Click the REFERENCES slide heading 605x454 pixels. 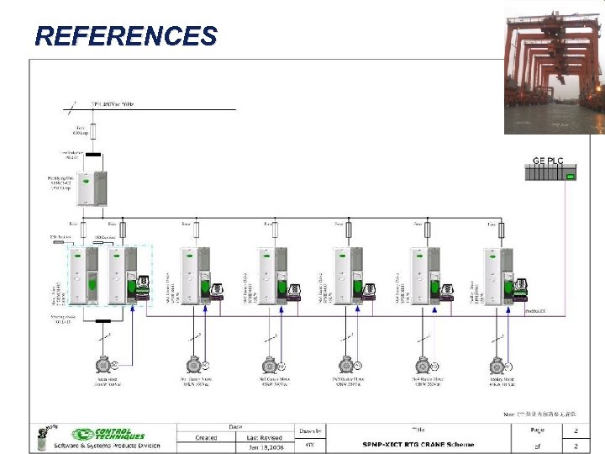[126, 36]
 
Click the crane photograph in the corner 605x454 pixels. [553, 67]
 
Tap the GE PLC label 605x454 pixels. [549, 160]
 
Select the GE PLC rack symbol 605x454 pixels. [550, 173]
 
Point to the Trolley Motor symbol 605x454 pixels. [498, 366]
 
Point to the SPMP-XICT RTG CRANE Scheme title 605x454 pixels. [418, 445]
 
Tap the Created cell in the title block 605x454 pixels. [206, 436]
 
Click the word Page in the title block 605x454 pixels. [537, 429]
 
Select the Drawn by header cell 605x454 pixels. [310, 430]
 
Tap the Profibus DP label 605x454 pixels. [536, 311]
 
